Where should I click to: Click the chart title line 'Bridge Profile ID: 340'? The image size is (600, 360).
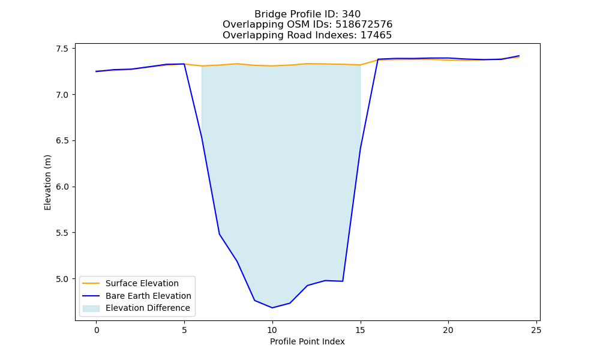(x=307, y=14)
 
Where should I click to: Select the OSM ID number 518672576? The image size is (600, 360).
(x=364, y=25)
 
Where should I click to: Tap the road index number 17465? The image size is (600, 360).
(x=376, y=35)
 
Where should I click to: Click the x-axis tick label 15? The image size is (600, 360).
(x=360, y=330)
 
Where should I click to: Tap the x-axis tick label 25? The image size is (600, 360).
(x=536, y=330)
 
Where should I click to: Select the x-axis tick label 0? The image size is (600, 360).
(x=97, y=330)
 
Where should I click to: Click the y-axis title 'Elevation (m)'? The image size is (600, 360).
(x=47, y=182)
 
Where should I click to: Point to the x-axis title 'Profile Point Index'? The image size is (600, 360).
(x=307, y=341)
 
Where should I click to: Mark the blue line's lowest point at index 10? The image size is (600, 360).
(x=272, y=308)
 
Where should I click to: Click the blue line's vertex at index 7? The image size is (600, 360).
(x=219, y=234)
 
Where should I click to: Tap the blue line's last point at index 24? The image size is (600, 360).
(x=519, y=56)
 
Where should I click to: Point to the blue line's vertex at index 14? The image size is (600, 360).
(x=343, y=281)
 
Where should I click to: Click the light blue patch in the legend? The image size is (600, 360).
(x=91, y=308)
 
